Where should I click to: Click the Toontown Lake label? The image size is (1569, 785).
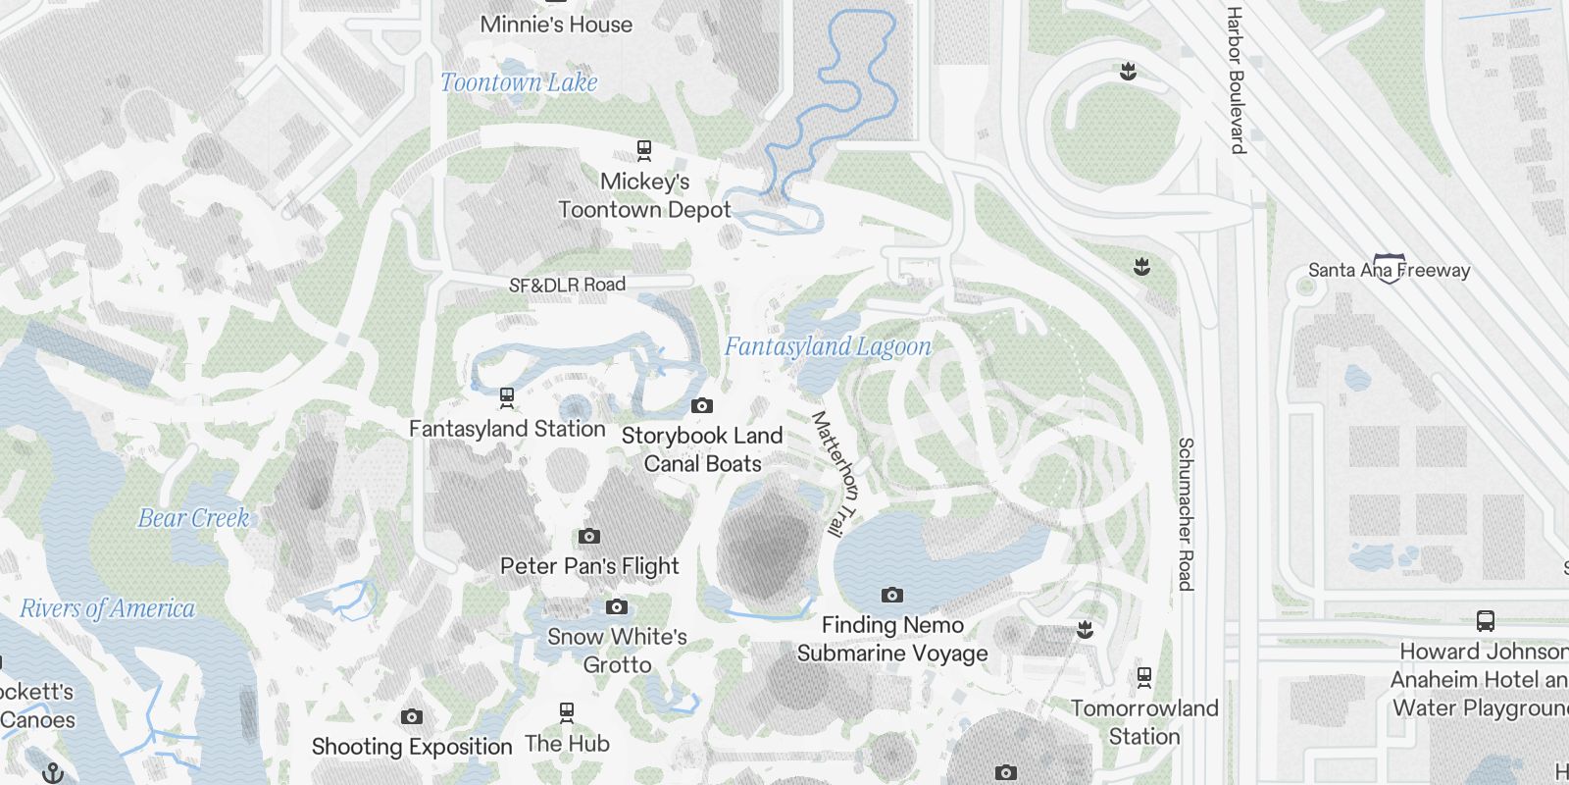click(519, 82)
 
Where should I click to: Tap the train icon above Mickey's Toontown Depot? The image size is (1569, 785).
click(644, 150)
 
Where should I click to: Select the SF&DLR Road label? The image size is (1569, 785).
click(567, 285)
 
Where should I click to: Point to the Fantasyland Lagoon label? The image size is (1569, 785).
click(828, 346)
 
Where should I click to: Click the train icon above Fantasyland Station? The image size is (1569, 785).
click(507, 397)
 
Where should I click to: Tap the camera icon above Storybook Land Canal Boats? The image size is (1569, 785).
click(702, 405)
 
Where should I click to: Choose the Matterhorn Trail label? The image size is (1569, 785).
click(835, 473)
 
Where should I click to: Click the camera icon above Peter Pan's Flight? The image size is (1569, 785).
click(589, 536)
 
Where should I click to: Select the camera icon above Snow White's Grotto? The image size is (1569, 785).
click(617, 606)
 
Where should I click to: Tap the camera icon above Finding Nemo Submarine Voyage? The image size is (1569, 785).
click(891, 595)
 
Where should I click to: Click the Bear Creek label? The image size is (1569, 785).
click(193, 518)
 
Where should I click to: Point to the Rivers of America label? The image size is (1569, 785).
click(108, 608)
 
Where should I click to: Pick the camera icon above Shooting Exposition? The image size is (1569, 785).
click(412, 716)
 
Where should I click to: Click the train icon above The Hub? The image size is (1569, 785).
click(567, 711)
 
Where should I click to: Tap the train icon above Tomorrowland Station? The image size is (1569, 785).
click(1143, 676)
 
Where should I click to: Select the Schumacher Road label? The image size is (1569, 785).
click(1186, 514)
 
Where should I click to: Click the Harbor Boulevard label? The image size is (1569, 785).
click(1236, 80)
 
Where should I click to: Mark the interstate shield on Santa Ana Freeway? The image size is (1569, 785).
click(1389, 268)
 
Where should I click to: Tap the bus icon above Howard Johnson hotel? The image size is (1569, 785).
click(1486, 620)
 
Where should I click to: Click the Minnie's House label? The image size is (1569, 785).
click(556, 25)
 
